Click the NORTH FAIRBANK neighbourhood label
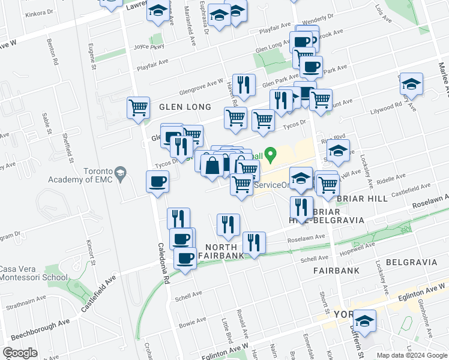[x=225, y=251]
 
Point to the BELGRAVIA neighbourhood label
[x=406, y=262]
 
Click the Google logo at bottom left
[x=20, y=353]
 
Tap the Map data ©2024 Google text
[x=411, y=355]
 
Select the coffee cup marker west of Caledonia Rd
[x=157, y=181]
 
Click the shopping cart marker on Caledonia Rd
[x=139, y=109]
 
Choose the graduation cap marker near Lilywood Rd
[x=411, y=83]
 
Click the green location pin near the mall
[x=271, y=155]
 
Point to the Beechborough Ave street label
[x=29, y=330]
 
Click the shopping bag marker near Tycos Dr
[x=211, y=165]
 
